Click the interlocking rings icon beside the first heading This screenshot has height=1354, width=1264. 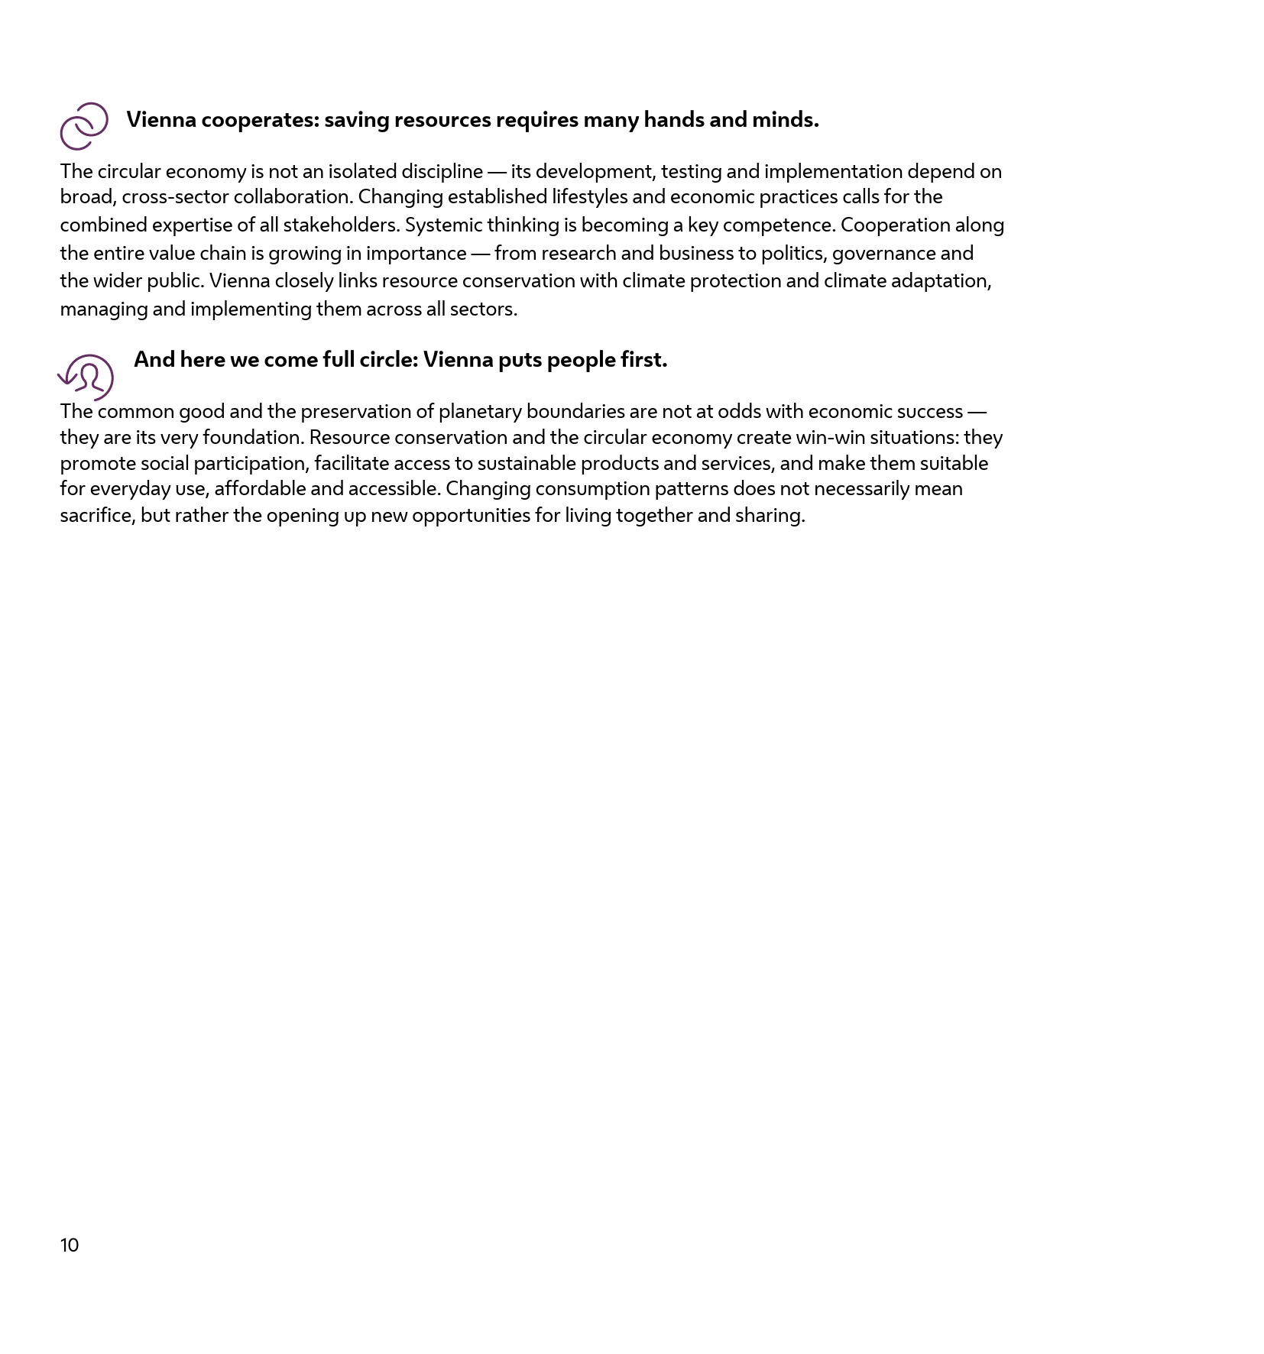tap(84, 126)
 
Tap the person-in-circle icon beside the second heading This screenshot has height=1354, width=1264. tap(87, 377)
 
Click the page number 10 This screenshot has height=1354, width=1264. tap(70, 1246)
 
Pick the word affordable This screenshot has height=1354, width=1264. tap(260, 489)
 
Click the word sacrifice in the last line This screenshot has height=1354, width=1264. tap(97, 516)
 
